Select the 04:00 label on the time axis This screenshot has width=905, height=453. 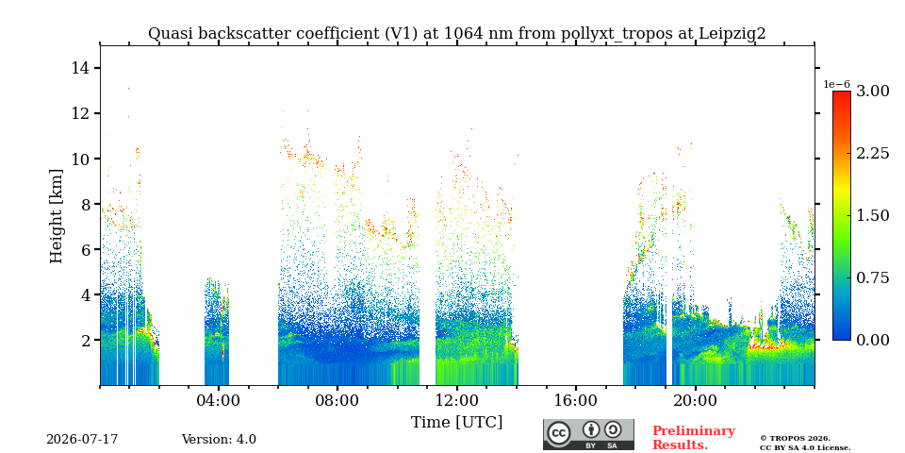(x=219, y=400)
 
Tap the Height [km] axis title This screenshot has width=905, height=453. (x=56, y=216)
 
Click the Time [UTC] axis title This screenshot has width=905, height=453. (x=456, y=423)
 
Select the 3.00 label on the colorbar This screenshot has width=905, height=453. (x=872, y=92)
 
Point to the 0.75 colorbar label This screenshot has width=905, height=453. (x=872, y=277)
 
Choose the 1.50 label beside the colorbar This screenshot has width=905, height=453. (x=872, y=215)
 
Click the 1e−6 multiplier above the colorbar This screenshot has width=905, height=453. (x=836, y=84)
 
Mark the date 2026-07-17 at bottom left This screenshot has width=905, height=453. (x=82, y=440)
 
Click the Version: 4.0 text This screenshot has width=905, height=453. (x=219, y=440)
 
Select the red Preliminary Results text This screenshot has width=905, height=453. (x=694, y=438)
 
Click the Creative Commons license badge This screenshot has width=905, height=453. (x=588, y=434)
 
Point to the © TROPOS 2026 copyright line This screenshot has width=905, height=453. (x=795, y=439)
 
